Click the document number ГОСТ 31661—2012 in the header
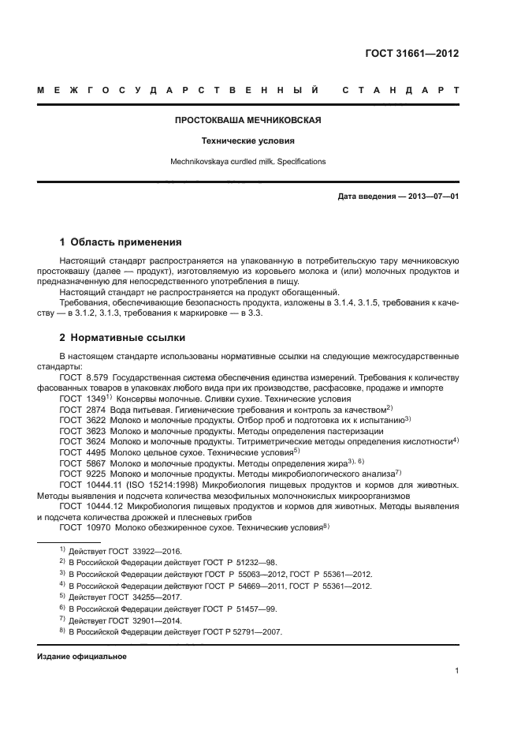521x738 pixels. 412,54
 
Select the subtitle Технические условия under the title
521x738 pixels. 247,141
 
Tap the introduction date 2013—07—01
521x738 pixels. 433,197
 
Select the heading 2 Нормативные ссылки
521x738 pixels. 122,338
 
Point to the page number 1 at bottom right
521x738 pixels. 457,671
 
